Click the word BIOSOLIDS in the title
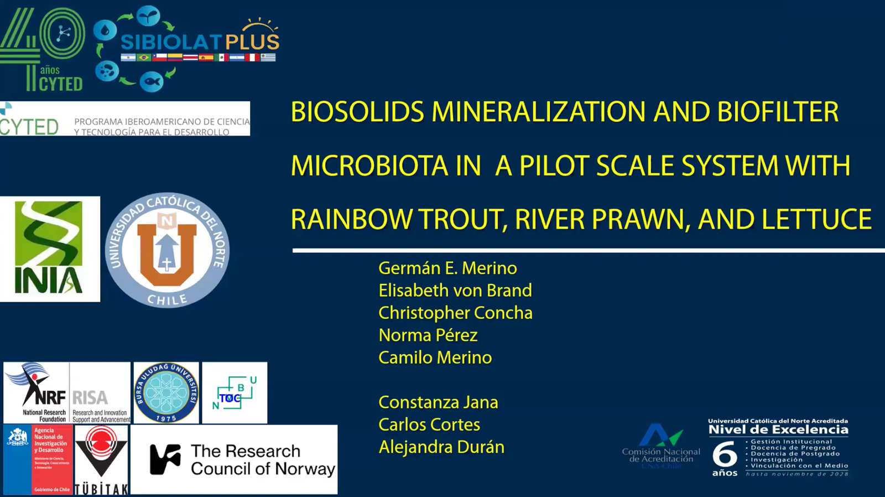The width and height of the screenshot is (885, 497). point(357,112)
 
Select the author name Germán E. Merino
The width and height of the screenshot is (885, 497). point(447,268)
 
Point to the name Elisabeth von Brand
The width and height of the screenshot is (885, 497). point(455,291)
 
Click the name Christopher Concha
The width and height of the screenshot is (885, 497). point(455,313)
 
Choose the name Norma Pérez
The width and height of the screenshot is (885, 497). point(428,335)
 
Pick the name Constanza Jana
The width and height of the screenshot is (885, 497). point(438,402)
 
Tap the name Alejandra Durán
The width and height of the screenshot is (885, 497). point(441,447)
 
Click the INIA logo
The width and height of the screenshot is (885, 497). point(49,249)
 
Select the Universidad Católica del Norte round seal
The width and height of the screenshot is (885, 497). point(167,250)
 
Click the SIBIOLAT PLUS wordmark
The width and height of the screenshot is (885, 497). point(200,43)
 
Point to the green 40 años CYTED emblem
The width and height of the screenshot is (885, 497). point(43,49)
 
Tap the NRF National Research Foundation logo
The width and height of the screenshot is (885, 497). point(37,393)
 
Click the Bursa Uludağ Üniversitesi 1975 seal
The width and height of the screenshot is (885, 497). point(166,393)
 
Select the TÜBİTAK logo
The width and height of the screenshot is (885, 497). point(101,460)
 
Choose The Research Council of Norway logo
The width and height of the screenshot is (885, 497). point(235,460)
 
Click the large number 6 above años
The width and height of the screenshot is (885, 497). point(724,454)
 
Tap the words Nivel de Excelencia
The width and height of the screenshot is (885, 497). point(778,430)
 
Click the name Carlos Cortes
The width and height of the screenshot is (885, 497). point(429,425)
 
